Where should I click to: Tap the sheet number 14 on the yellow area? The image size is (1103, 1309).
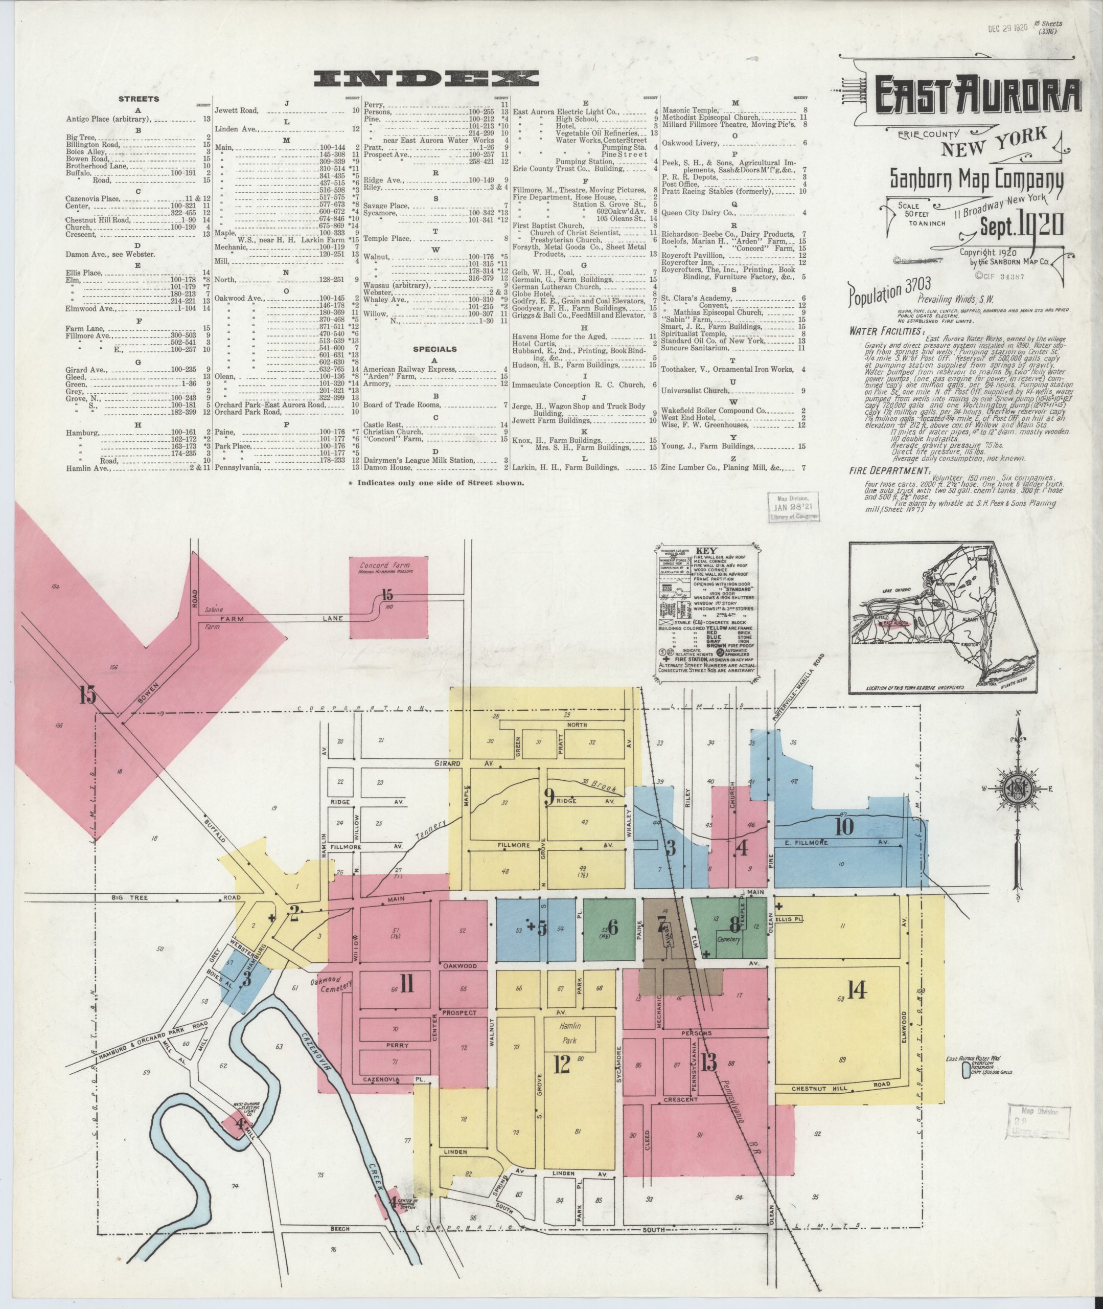coord(856,989)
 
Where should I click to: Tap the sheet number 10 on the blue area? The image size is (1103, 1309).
coord(843,827)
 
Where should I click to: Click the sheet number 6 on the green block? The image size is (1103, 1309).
coord(613,928)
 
